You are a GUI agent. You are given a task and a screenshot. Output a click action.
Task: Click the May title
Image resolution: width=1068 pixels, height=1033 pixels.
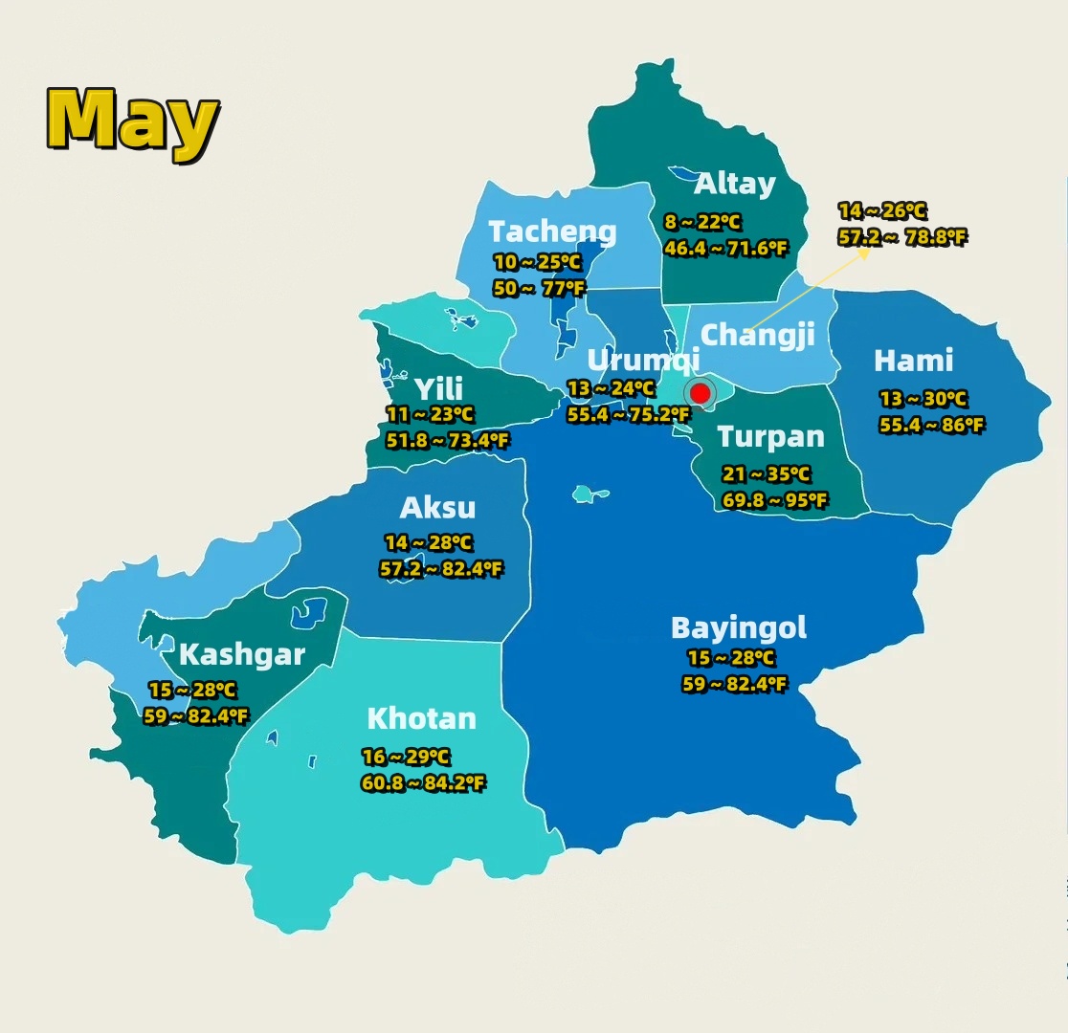[133, 120]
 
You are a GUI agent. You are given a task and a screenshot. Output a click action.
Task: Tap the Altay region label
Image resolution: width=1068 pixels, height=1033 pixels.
[734, 184]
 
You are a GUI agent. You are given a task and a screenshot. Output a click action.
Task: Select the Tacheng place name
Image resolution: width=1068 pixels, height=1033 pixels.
[552, 231]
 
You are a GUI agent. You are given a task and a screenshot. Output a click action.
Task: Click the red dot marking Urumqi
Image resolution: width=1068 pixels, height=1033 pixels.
[700, 393]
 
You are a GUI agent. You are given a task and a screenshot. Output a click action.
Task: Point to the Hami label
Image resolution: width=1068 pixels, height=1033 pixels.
[913, 361]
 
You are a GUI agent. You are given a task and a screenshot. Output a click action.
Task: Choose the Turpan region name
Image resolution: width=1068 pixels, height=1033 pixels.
[770, 437]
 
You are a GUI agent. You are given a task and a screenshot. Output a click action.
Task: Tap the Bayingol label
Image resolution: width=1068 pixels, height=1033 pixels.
[738, 627]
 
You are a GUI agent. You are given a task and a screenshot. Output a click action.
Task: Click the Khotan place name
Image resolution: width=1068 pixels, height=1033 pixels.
[421, 718]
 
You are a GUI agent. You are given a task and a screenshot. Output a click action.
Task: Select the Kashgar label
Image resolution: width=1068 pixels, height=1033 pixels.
[241, 655]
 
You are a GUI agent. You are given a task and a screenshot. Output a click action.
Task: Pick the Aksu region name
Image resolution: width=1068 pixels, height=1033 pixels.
[436, 507]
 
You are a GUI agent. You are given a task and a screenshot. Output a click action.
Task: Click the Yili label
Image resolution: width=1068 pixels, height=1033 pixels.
[438, 388]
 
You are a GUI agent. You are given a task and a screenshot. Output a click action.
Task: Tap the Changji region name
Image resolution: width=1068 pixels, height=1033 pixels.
[757, 335]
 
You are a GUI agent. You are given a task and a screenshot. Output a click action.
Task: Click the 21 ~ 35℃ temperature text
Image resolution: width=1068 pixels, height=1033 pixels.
[766, 474]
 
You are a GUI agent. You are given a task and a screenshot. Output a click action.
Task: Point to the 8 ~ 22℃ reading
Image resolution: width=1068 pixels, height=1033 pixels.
[702, 223]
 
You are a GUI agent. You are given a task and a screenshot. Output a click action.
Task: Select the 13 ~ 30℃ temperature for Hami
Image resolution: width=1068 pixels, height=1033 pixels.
[923, 400]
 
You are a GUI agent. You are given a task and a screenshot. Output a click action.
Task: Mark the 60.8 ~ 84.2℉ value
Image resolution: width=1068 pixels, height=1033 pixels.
[423, 783]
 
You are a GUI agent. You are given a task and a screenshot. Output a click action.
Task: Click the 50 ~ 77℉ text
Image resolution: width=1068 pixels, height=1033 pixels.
[539, 288]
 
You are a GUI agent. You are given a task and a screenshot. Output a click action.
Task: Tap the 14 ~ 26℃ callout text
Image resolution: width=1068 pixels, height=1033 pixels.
[881, 211]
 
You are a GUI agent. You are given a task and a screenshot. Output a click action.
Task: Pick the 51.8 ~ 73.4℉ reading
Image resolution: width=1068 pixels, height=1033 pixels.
[447, 441]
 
